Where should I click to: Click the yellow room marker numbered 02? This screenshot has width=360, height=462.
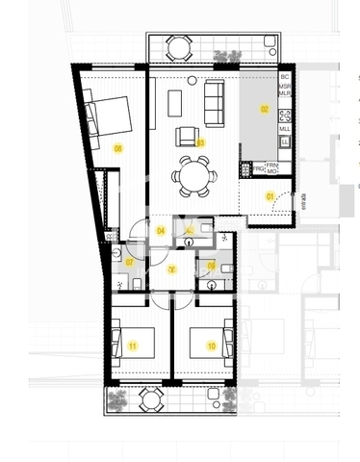264,110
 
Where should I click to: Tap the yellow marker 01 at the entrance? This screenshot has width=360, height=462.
270,196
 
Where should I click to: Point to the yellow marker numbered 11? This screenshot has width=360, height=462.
134,345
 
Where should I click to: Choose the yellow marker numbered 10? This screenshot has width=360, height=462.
211,345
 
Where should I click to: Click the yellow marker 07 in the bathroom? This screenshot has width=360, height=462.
130,261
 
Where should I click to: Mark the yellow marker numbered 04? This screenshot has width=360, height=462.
161,231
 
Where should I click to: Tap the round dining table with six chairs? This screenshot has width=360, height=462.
189,175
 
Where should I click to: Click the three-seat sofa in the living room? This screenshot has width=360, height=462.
213,97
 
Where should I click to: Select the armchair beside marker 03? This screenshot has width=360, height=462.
187,136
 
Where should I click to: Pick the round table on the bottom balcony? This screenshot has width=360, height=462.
150,400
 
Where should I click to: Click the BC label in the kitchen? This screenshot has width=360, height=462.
284,76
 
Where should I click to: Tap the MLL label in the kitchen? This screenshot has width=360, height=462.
285,128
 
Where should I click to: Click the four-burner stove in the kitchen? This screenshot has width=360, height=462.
285,108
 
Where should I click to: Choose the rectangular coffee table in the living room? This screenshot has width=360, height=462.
174,101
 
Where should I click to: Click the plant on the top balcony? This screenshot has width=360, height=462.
228,56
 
